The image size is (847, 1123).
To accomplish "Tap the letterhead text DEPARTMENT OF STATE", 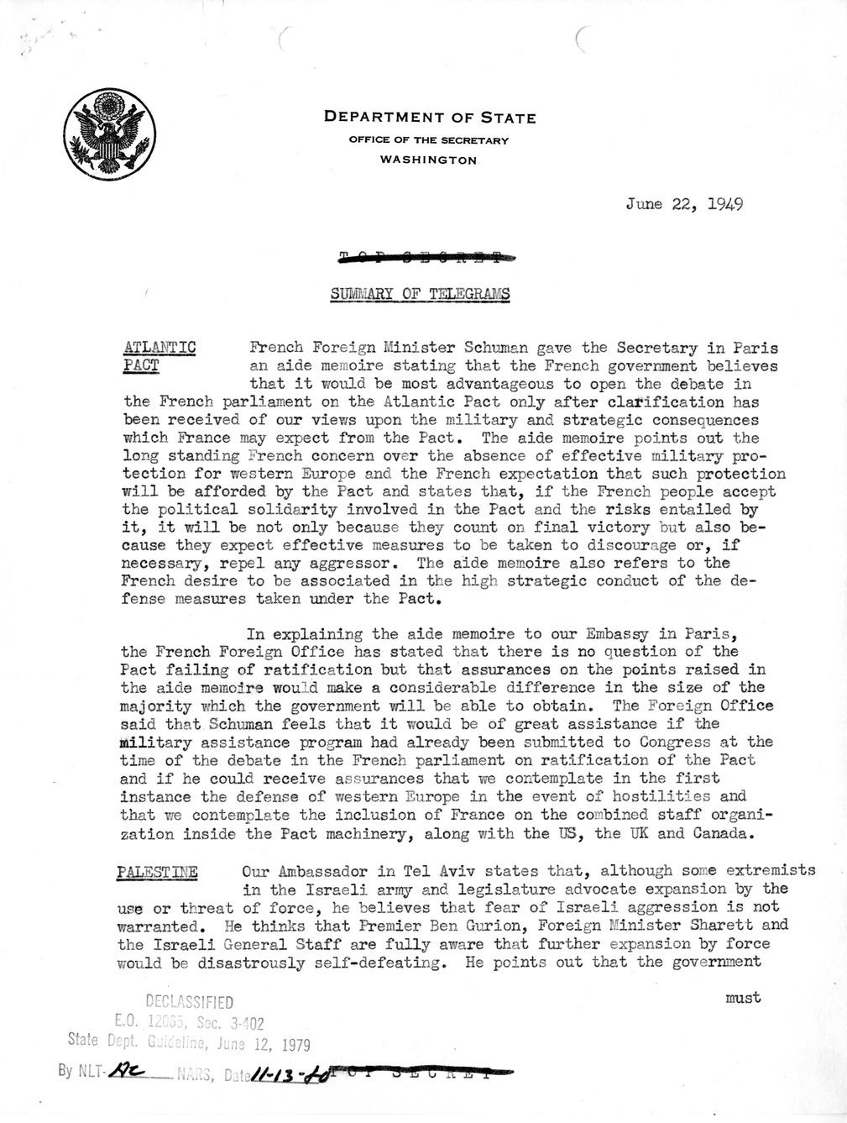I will (430, 118).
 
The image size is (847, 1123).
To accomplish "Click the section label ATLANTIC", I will (160, 348).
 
